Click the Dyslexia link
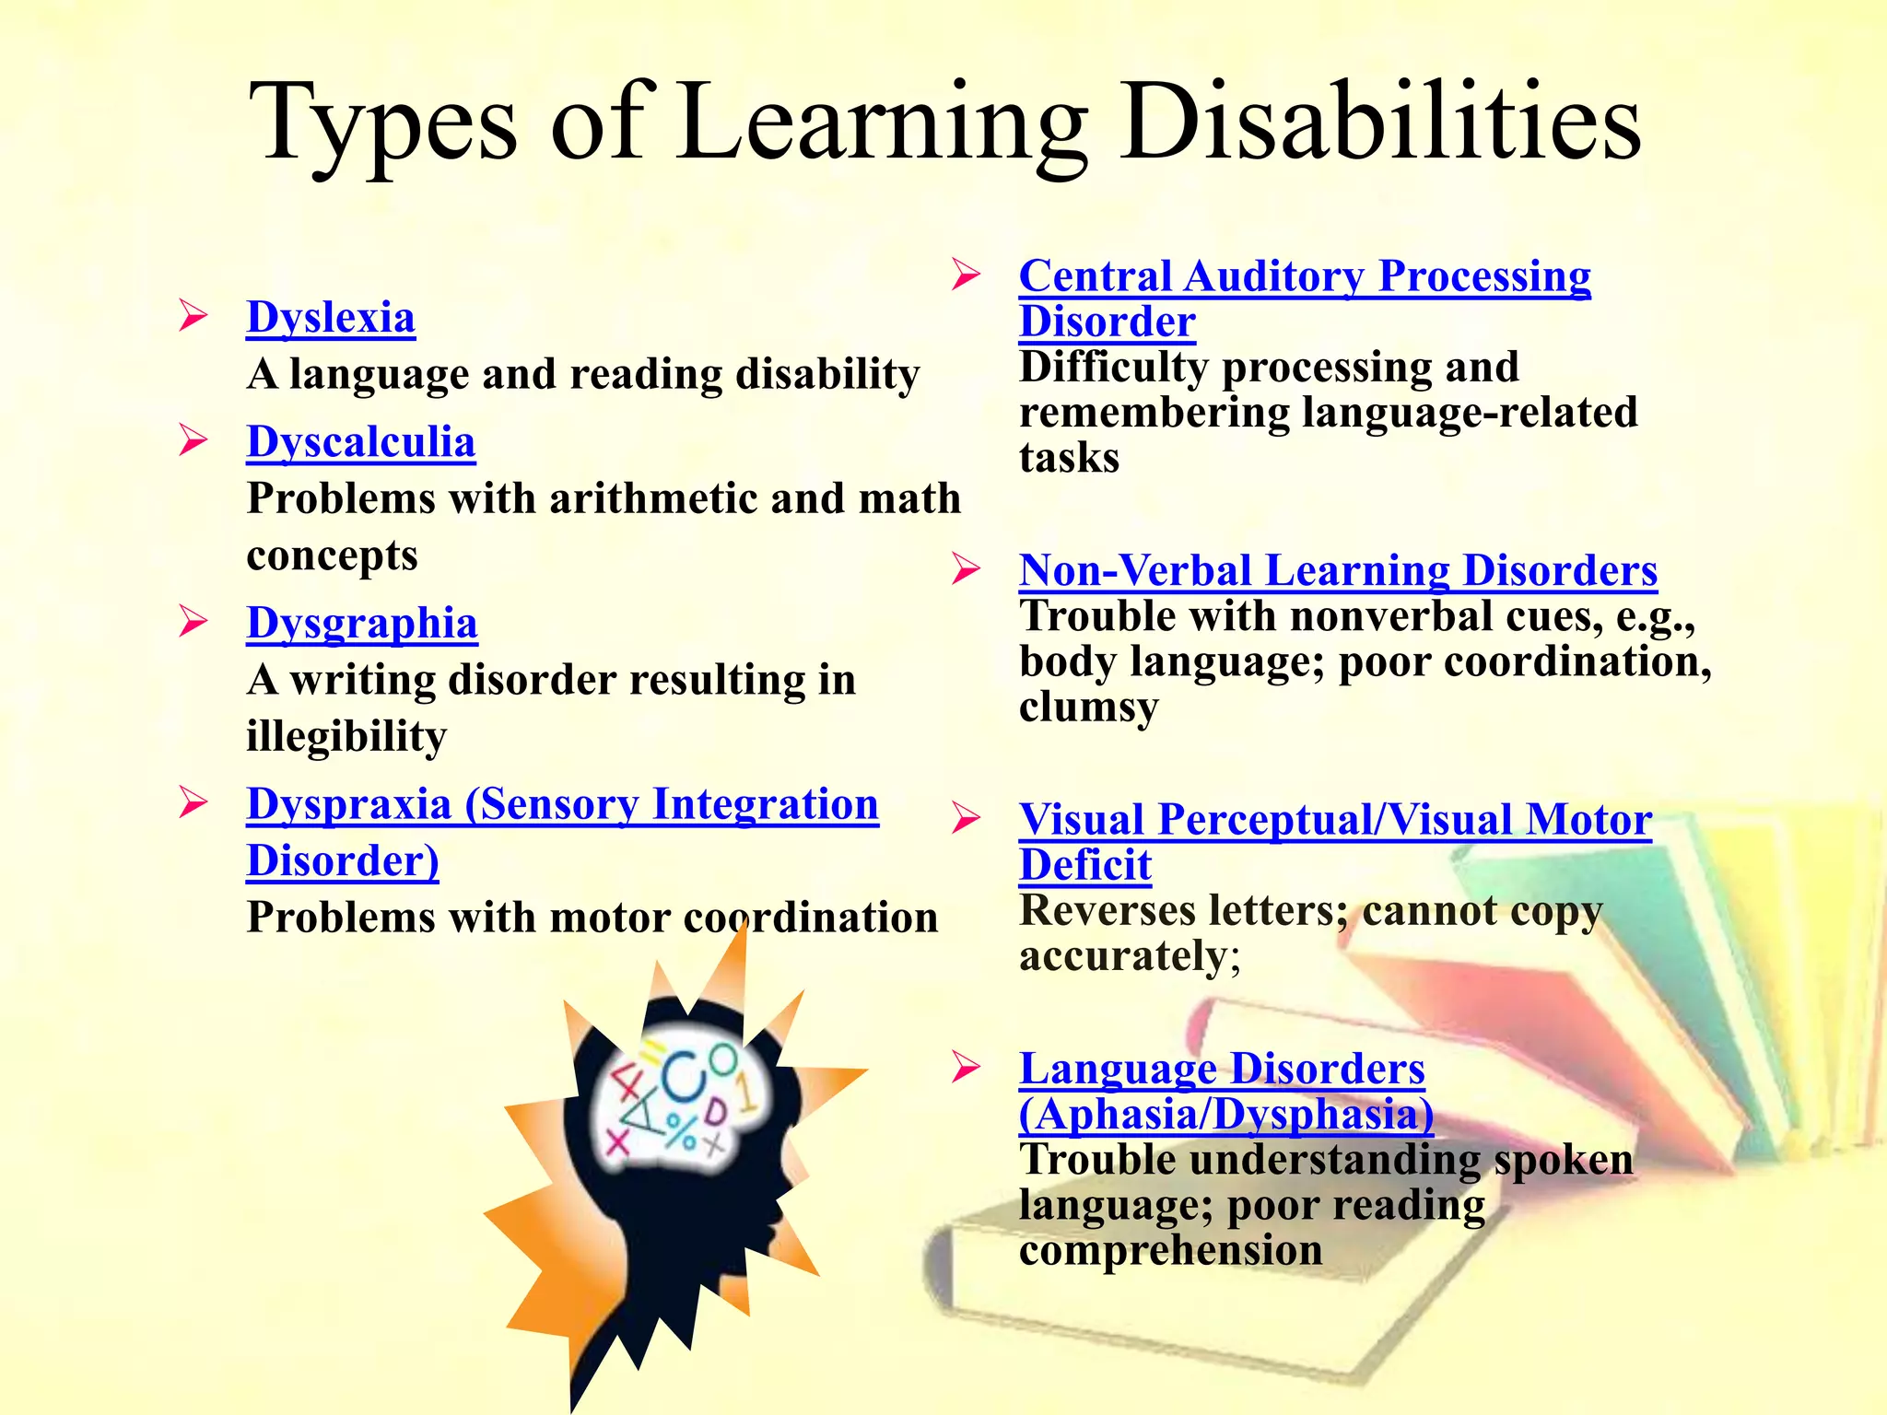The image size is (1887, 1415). pos(331,318)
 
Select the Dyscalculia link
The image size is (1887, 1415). pos(361,442)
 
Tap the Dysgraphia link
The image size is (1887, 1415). pos(362,624)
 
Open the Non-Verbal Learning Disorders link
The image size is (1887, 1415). pos(1338,571)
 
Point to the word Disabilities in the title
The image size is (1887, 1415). pos(1382,124)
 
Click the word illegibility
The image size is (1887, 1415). pos(346,737)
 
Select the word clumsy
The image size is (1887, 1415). pos(1088,707)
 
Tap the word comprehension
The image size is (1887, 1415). pos(1170,1250)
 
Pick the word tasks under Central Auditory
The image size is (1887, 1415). pos(1069,458)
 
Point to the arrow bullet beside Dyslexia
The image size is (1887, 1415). pos(193,315)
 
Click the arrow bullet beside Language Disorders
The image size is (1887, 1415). pos(966,1067)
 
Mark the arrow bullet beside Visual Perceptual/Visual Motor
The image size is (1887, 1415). pos(966,818)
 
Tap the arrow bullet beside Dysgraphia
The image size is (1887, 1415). pos(193,621)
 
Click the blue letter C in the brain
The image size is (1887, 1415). pos(684,1078)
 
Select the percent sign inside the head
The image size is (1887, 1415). pos(683,1131)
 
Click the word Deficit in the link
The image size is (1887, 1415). pos(1085,866)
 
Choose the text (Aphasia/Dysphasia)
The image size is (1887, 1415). pos(1225,1115)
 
